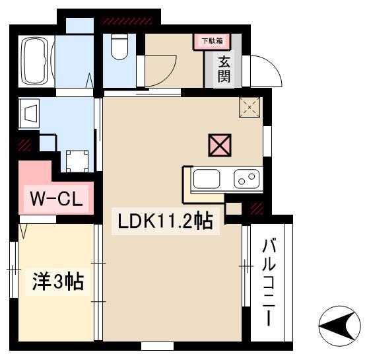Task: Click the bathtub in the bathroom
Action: point(36,61)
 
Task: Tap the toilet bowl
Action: point(119,46)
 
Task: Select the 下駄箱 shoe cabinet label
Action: point(213,41)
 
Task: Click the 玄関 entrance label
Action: point(224,70)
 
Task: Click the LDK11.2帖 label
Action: point(166,221)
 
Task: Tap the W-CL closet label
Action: point(56,199)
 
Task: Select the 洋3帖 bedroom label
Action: point(58,281)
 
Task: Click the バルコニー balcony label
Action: point(269,283)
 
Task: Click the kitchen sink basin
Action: point(207,179)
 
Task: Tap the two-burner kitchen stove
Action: point(247,179)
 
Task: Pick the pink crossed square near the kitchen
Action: point(220,145)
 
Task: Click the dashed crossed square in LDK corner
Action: point(250,107)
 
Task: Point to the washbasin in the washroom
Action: point(29,114)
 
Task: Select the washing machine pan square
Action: point(77,161)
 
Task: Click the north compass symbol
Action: point(340,326)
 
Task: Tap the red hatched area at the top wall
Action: point(128,21)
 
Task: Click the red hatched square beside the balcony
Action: point(257,209)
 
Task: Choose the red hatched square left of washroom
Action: point(24,145)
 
